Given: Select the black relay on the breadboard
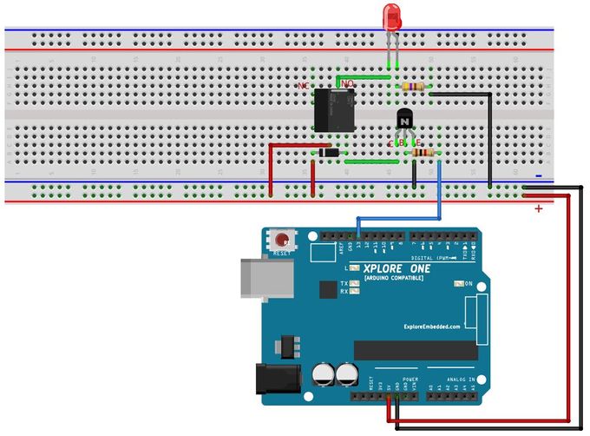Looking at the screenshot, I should (x=331, y=110).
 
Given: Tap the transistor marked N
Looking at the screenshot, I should (x=404, y=121).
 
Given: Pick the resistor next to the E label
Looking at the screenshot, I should (x=423, y=152).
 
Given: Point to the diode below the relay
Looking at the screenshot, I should (x=328, y=153).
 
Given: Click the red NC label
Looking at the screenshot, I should (x=303, y=86).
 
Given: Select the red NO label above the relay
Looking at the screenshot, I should (x=346, y=83).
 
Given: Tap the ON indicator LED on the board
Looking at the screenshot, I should (x=459, y=284).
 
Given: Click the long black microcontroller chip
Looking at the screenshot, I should (x=416, y=350).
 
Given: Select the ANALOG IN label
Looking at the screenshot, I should (x=461, y=380).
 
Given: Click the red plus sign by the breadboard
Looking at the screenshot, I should (x=539, y=208).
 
